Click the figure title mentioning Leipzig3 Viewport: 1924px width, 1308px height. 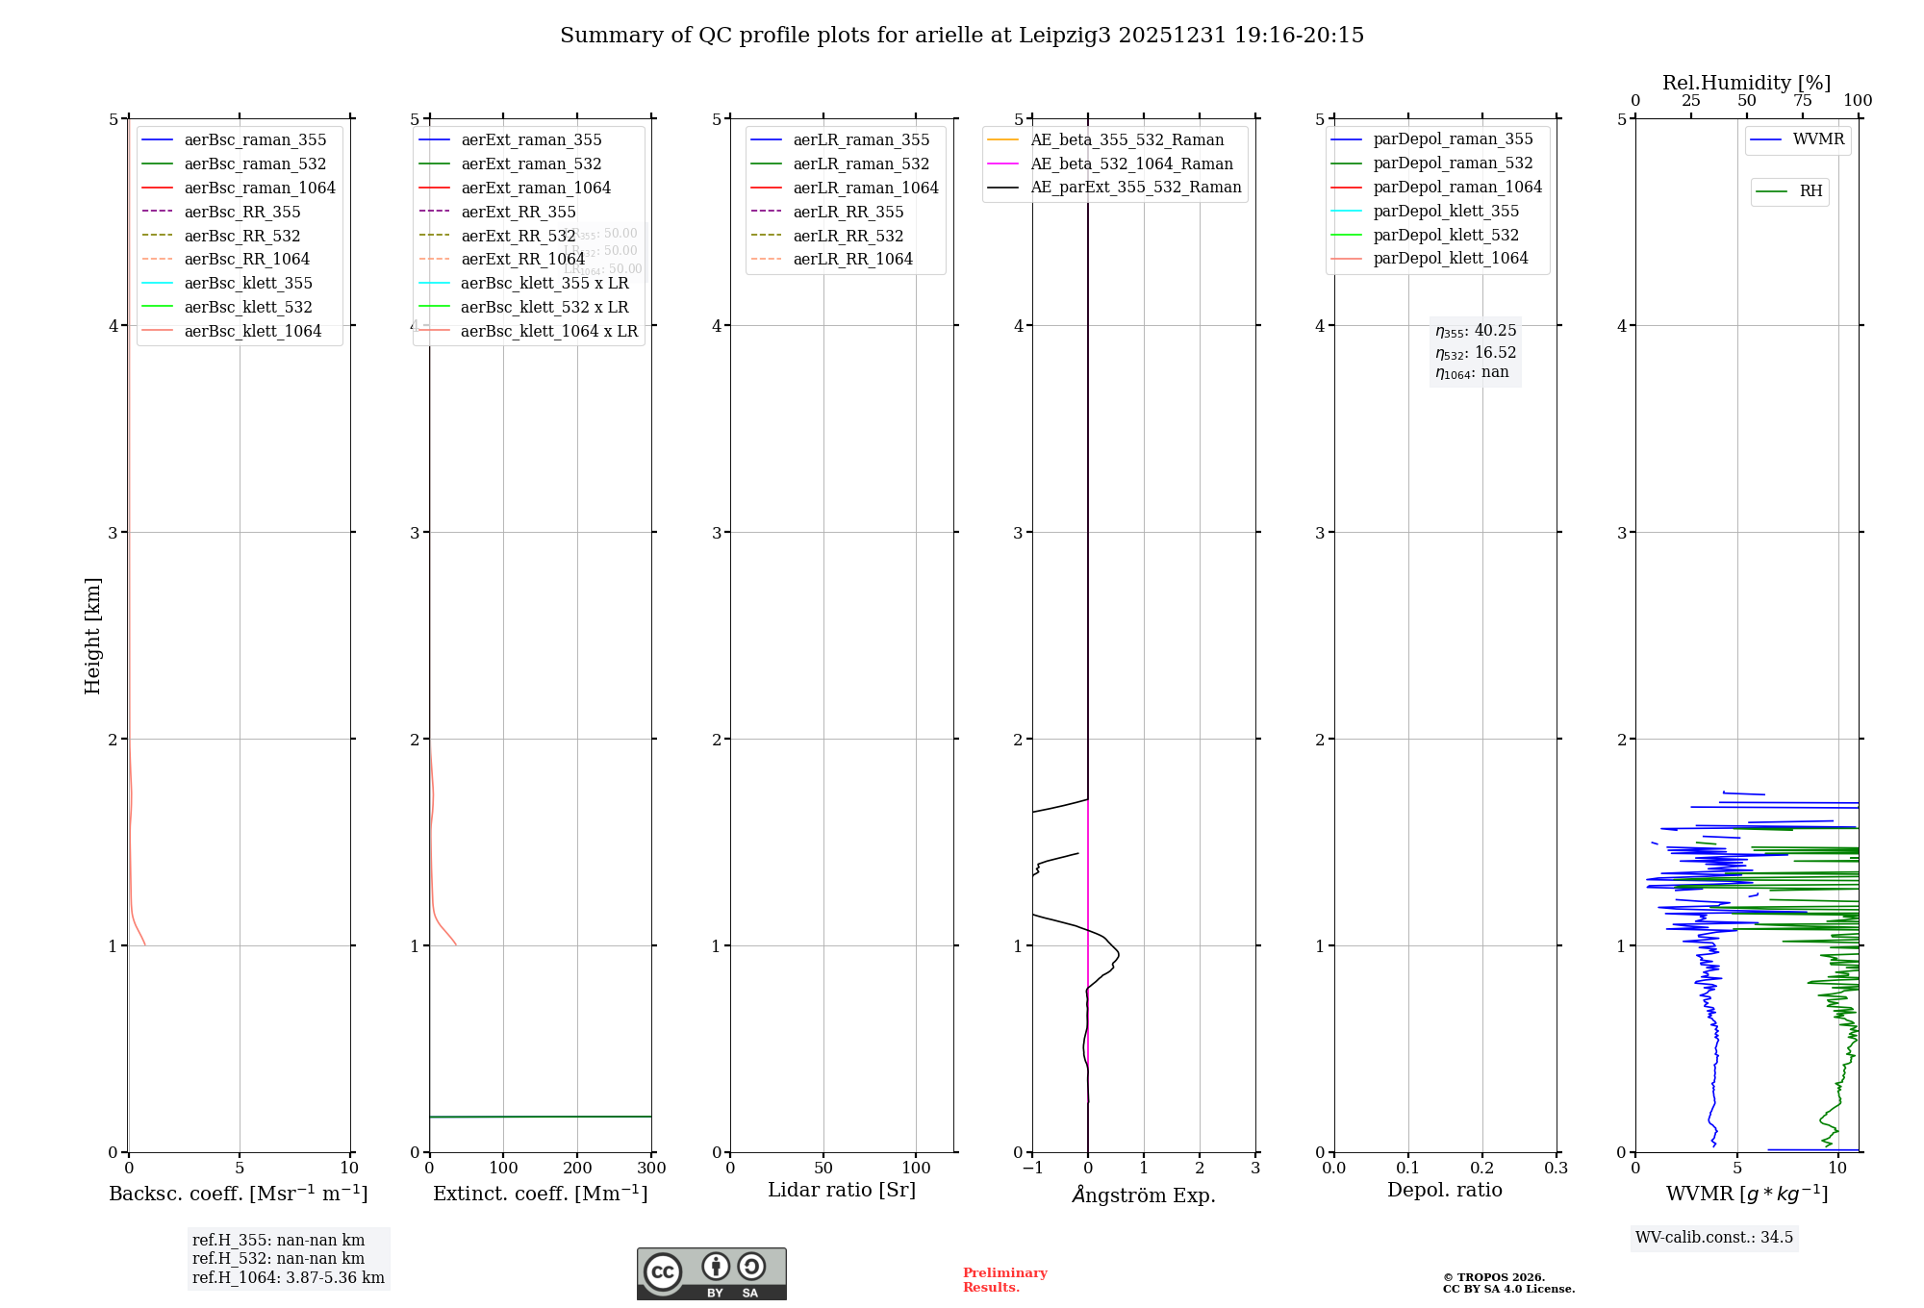pyautogui.click(x=962, y=36)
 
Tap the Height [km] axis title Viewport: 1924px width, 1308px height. pyautogui.click(x=92, y=635)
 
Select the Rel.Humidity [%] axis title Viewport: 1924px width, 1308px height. pyautogui.click(x=1746, y=83)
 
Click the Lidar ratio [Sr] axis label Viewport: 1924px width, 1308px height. pyautogui.click(x=842, y=1190)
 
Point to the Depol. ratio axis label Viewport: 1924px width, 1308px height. pyautogui.click(x=1444, y=1190)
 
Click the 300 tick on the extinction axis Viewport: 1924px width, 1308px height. pyautogui.click(x=651, y=1168)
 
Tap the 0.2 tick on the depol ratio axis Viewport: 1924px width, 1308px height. pyautogui.click(x=1482, y=1168)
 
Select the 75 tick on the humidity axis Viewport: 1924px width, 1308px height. pyautogui.click(x=1803, y=101)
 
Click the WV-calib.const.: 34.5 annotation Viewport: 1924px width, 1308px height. pyautogui.click(x=1713, y=1237)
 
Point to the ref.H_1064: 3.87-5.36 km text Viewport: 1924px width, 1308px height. pyautogui.click(x=288, y=1277)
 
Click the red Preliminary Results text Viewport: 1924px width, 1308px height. pyautogui.click(x=1004, y=1279)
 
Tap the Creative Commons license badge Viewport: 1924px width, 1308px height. pyautogui.click(x=711, y=1273)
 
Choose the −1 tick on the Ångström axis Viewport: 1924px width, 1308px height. pyautogui.click(x=1032, y=1168)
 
